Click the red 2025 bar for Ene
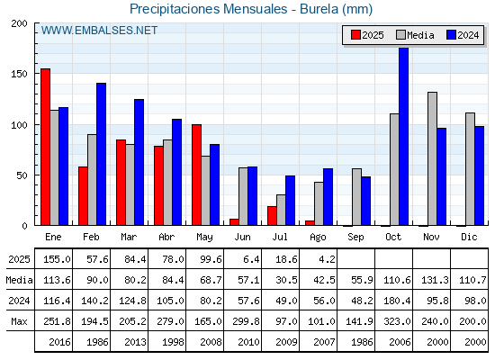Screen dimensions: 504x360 [x=45, y=147]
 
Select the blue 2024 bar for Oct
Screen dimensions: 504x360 [x=404, y=136]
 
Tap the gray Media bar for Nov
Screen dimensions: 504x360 [x=432, y=158]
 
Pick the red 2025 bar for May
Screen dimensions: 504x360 [x=196, y=175]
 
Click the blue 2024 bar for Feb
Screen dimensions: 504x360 [x=101, y=154]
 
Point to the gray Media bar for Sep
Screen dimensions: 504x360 [x=356, y=197]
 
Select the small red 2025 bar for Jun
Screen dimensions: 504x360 [x=234, y=222]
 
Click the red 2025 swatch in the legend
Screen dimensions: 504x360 [x=355, y=35]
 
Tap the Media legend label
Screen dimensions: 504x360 [x=420, y=35]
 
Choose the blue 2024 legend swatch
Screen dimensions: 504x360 [x=451, y=35]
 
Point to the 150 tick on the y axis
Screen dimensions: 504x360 [x=19, y=74]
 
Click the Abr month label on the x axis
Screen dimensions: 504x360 [x=166, y=238]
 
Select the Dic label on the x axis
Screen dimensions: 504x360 [x=469, y=237]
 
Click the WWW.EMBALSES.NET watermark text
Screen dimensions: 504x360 [x=99, y=31]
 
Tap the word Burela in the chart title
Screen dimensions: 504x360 [x=319, y=9]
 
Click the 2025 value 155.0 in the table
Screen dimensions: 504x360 [x=57, y=259]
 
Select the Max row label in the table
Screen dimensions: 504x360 [x=19, y=321]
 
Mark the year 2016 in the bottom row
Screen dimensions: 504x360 [x=59, y=342]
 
